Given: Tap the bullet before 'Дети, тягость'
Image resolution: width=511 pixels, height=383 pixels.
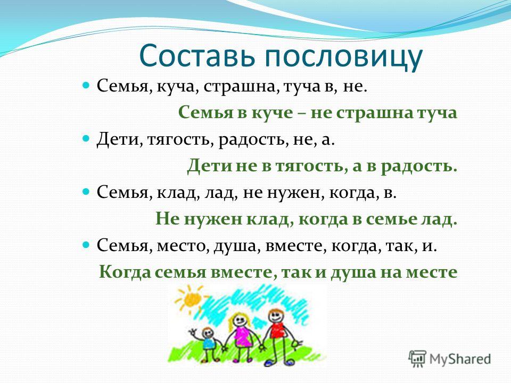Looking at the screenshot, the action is [86, 139].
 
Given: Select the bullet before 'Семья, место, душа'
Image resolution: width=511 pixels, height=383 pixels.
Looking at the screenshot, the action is [86, 245].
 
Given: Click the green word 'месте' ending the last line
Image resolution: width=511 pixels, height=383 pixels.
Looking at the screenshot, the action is [432, 272].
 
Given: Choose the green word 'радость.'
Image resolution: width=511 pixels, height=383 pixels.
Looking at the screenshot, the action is [418, 166].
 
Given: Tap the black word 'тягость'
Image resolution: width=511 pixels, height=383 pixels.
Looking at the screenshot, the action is [180, 140].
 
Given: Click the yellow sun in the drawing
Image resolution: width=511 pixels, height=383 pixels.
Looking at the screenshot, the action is [192, 298].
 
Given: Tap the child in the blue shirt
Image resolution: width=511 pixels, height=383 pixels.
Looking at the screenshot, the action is [209, 343].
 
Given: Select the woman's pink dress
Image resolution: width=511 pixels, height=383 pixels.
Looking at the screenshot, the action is [242, 336].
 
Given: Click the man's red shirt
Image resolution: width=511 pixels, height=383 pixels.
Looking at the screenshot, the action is [276, 331].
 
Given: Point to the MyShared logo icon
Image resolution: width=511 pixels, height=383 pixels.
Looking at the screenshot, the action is [417, 359].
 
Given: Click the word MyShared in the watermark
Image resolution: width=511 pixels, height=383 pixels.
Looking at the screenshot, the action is [460, 359].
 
